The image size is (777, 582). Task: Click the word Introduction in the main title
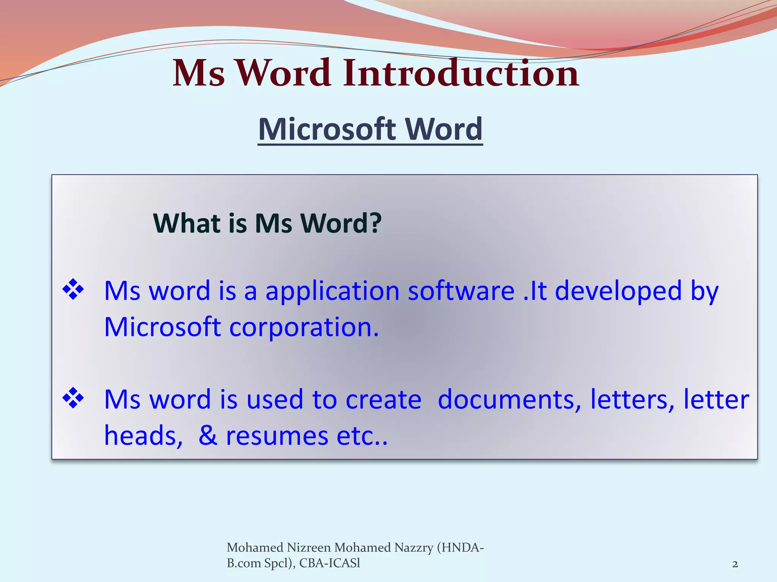point(461,73)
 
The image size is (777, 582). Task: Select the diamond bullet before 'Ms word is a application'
point(73,290)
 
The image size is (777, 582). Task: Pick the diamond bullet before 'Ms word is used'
point(73,398)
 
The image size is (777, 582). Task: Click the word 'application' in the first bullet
point(332,291)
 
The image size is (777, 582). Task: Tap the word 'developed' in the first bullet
point(618,291)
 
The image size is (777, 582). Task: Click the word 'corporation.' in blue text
point(304,327)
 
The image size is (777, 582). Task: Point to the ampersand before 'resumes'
point(208,435)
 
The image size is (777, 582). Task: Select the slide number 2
point(735,564)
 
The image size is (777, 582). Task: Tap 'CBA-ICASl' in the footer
point(330,563)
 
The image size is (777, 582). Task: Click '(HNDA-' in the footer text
point(461,548)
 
